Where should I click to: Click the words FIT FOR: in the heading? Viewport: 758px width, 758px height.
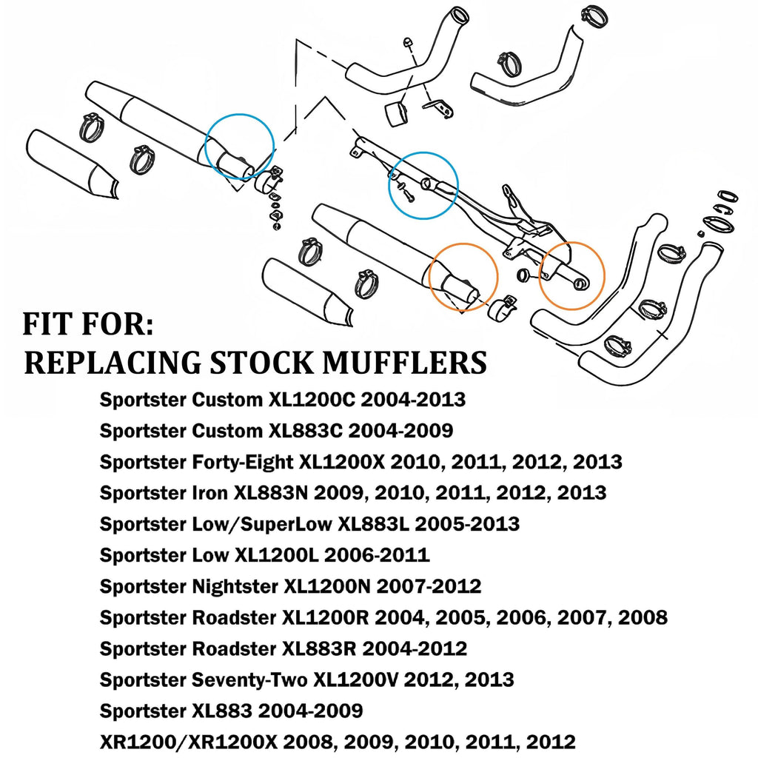click(88, 325)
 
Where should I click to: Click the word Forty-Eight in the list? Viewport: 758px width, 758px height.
click(240, 462)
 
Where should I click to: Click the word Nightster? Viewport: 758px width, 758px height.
click(232, 586)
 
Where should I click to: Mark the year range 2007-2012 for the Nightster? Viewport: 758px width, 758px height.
click(429, 586)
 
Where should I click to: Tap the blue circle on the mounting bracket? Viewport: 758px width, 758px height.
click(424, 185)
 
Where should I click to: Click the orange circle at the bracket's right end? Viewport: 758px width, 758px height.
click(572, 275)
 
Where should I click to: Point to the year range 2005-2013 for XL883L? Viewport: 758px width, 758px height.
click(467, 524)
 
